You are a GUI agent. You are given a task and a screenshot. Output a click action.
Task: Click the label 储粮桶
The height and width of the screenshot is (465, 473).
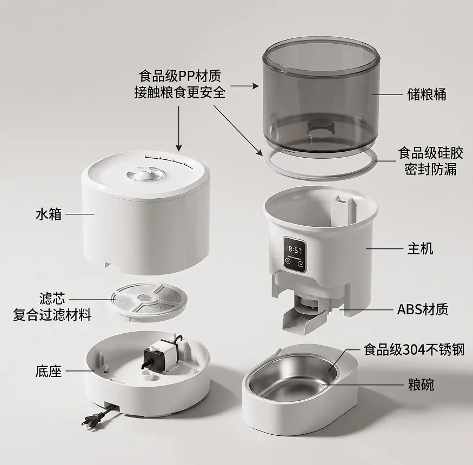427,95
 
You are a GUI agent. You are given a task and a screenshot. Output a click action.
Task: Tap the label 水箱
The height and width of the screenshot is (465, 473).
48,214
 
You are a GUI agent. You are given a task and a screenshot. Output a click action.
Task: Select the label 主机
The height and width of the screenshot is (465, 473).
420,248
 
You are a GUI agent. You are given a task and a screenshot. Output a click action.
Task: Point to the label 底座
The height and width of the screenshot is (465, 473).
48,371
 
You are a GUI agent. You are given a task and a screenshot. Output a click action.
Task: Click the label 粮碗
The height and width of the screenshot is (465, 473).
421,385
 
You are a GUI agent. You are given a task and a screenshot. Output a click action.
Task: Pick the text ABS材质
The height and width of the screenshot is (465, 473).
423,309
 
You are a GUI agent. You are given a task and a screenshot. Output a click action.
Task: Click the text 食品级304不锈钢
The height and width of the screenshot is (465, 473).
414,349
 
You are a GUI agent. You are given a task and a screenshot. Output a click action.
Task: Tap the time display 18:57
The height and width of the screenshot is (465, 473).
294,250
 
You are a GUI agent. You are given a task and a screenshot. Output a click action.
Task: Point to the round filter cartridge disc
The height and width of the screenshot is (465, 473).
149,299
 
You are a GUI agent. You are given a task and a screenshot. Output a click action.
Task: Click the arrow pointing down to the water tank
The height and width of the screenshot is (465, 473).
179,128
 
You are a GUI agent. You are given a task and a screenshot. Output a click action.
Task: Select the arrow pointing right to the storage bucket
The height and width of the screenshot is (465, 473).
245,86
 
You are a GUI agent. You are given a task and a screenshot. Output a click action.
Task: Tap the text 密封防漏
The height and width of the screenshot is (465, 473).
430,169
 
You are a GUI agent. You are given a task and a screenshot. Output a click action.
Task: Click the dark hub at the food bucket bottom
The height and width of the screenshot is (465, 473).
320,126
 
